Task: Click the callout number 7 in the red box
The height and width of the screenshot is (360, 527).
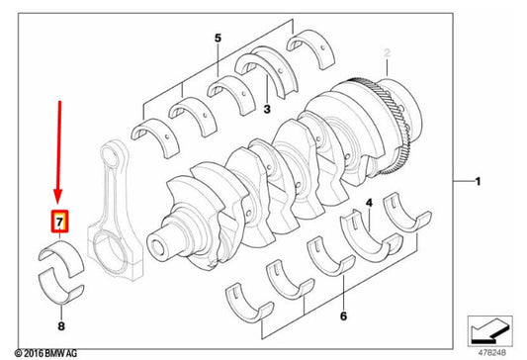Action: [x=59, y=222]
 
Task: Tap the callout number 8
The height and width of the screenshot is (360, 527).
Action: [x=61, y=326]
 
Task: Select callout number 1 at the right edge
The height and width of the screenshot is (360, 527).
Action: [x=478, y=182]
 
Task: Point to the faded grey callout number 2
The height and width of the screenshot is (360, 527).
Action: [x=387, y=52]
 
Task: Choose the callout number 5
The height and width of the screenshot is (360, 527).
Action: [x=219, y=38]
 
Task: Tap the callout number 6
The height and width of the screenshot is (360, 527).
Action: [x=343, y=315]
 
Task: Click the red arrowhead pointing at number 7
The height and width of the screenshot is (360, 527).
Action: [x=58, y=197]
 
